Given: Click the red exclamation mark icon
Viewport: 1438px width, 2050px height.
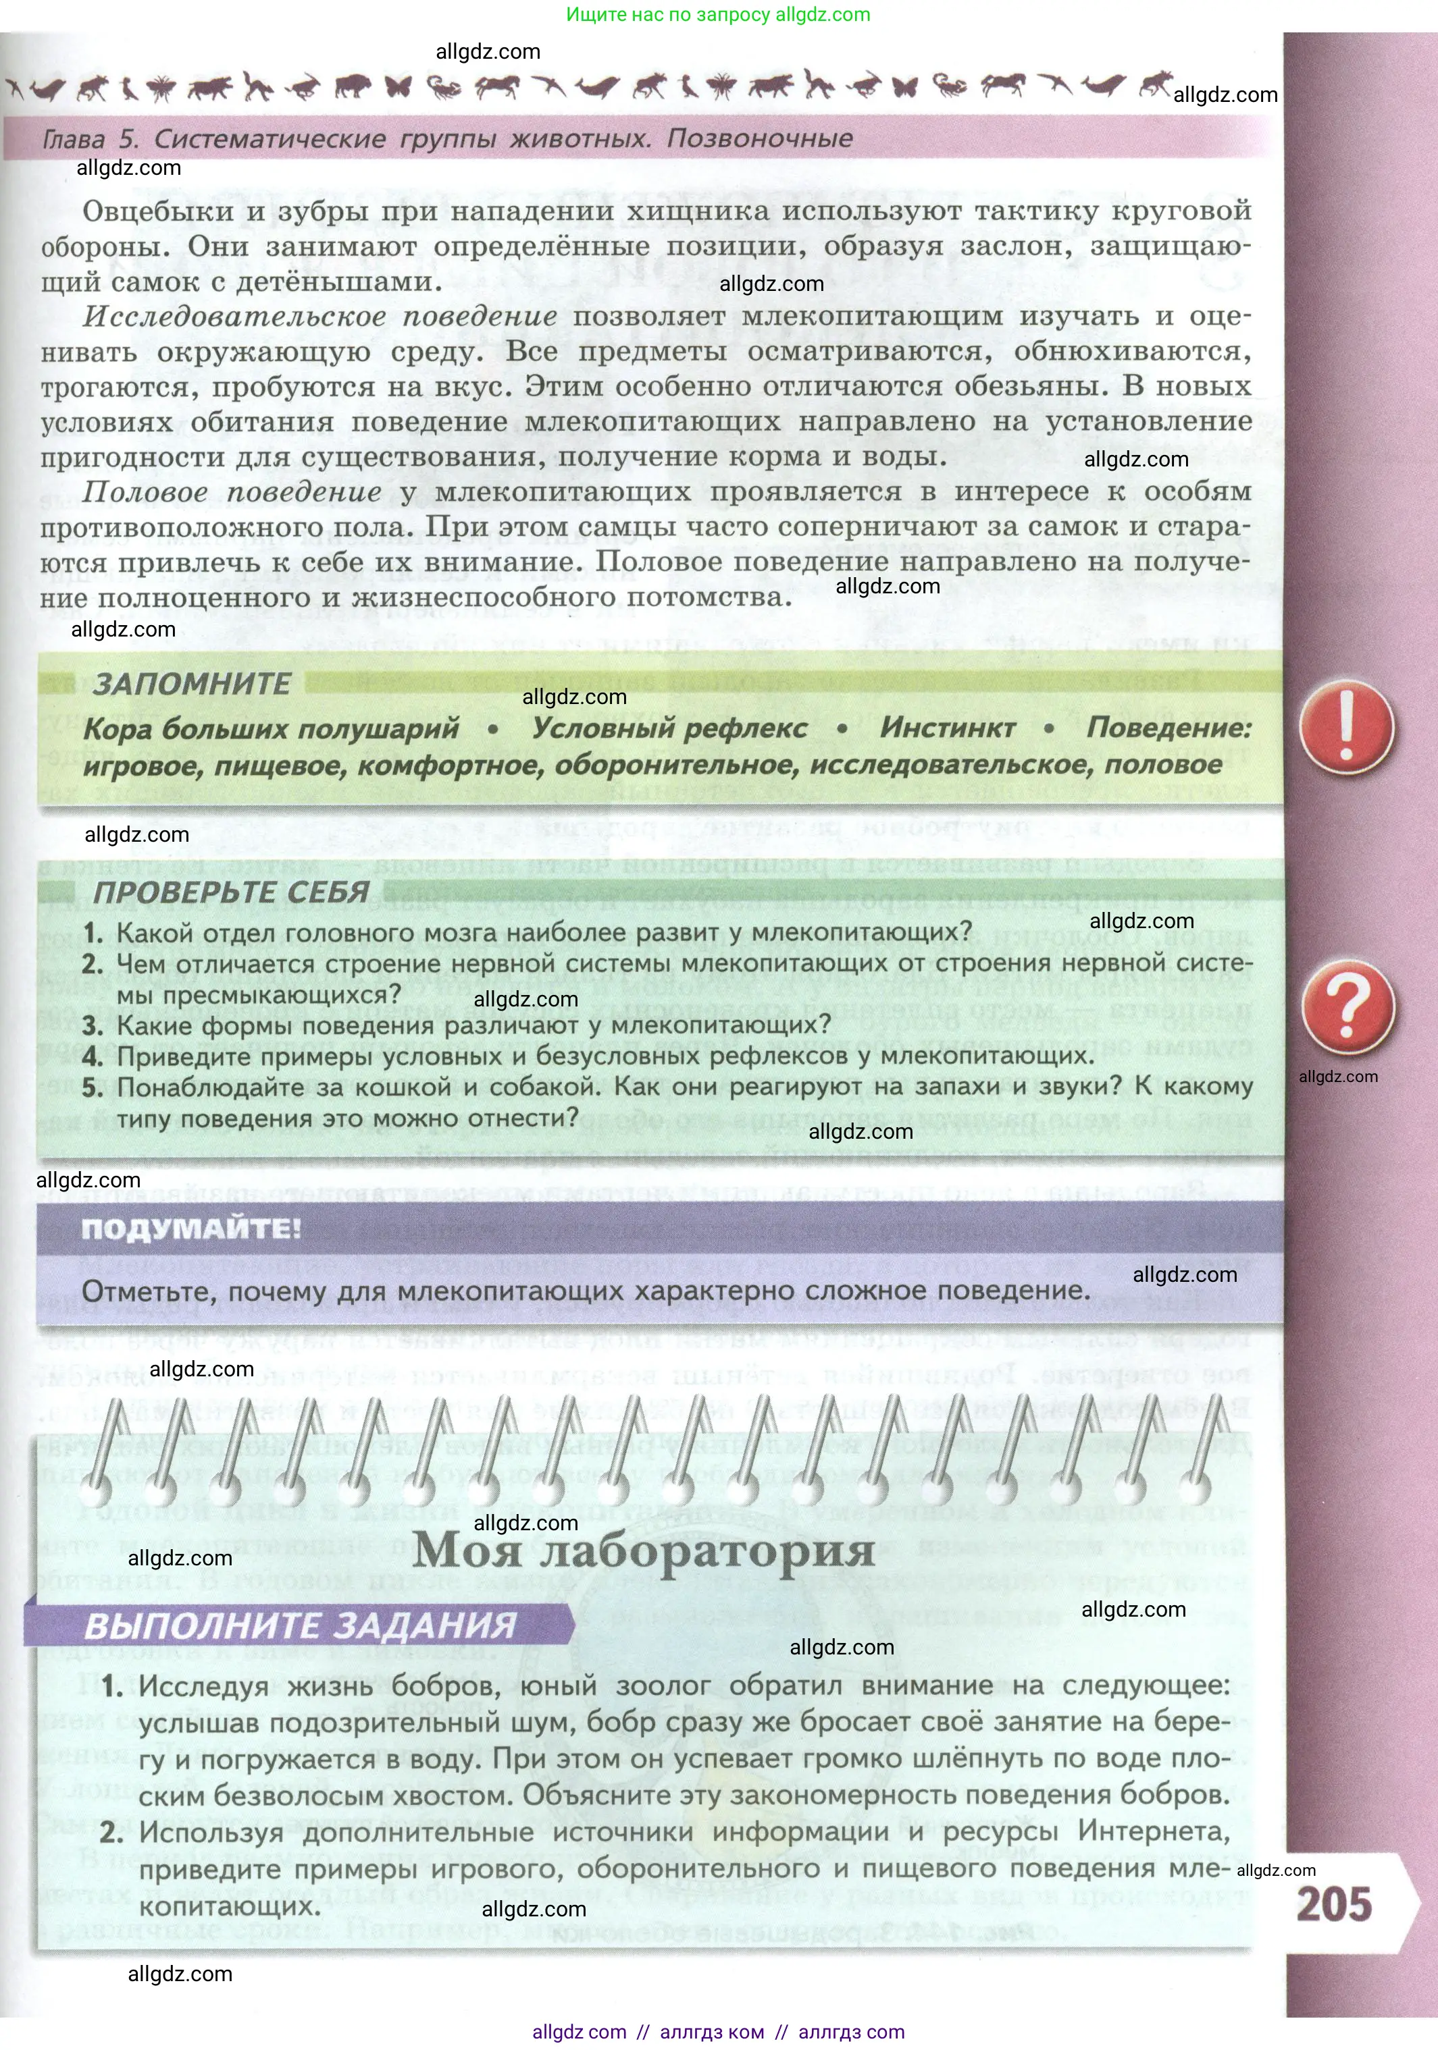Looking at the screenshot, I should point(1346,728).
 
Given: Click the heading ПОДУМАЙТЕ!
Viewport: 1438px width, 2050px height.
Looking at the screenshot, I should point(191,1229).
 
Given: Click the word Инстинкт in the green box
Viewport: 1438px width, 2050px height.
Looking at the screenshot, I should point(947,728).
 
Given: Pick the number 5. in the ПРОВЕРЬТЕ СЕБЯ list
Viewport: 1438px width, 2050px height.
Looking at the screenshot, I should point(93,1087).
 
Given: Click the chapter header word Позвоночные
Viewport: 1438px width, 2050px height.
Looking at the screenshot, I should point(759,138).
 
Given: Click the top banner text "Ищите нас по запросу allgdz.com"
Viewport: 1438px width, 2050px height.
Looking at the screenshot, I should point(718,14).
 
